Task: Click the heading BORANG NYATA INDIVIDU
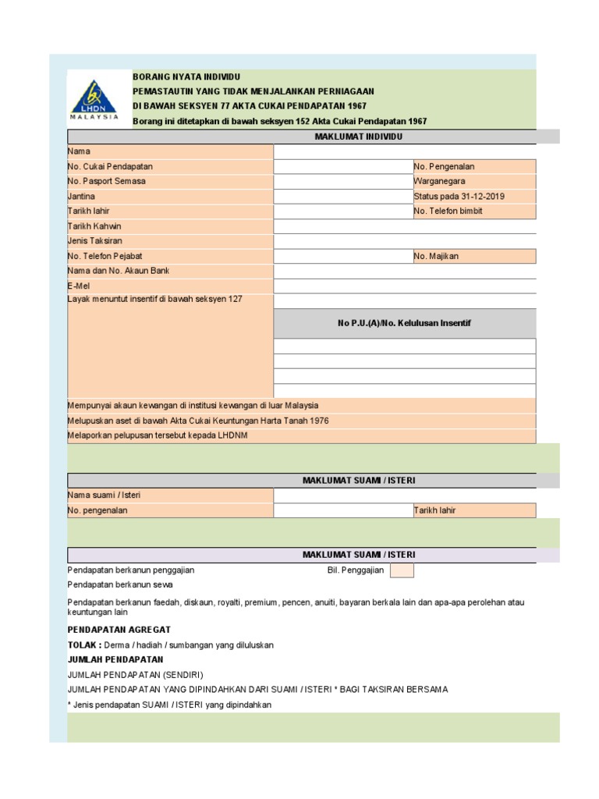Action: click(x=186, y=77)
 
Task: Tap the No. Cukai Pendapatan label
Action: click(x=110, y=166)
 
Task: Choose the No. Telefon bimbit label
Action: click(x=448, y=211)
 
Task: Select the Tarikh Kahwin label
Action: click(x=95, y=226)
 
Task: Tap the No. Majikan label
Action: click(x=437, y=256)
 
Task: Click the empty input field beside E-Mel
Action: click(x=404, y=286)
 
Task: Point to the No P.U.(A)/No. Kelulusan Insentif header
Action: click(x=404, y=323)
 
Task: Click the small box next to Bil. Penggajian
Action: click(x=402, y=570)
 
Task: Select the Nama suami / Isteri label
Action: click(x=104, y=495)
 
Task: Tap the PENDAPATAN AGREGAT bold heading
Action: click(x=119, y=630)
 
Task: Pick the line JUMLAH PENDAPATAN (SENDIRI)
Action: click(x=140, y=675)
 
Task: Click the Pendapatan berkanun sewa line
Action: click(x=120, y=584)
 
